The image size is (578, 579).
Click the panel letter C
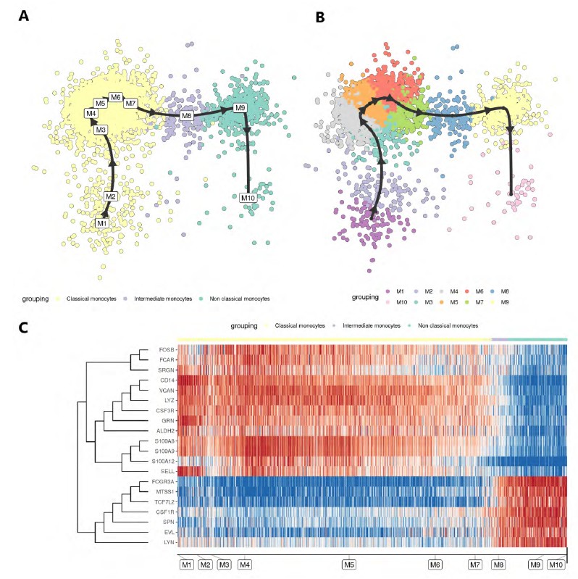[x=23, y=328]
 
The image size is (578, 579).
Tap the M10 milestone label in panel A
[x=249, y=198]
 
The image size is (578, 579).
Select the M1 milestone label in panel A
[x=103, y=223]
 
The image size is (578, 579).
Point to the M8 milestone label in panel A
[x=187, y=116]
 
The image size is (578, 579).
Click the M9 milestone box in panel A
[x=241, y=108]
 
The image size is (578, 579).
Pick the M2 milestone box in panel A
[x=110, y=196]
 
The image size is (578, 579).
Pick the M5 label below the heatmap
[x=349, y=565]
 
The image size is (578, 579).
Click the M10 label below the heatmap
[x=556, y=565]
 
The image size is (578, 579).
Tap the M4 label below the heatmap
[x=244, y=565]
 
